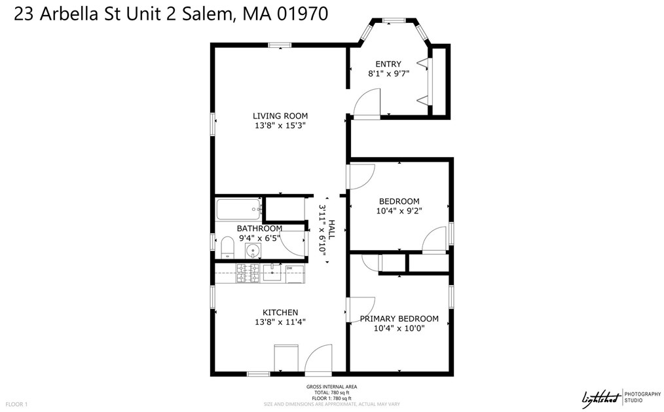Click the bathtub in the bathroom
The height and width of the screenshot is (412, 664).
coord(239,210)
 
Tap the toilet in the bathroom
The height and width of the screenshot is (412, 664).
coord(227,248)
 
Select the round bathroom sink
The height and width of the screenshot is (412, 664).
coord(253,250)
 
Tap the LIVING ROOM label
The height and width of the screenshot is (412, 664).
coord(280,116)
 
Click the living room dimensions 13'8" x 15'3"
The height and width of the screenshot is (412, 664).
coord(280,125)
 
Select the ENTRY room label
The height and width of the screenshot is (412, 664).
coord(388,64)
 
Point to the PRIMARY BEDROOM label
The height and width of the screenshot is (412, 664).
coord(399,319)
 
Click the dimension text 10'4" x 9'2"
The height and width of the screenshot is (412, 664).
coord(399,211)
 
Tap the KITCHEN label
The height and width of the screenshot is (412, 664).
coord(280,312)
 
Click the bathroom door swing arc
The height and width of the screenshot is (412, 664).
coord(297,244)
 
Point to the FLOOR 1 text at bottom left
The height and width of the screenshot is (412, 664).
coord(16,405)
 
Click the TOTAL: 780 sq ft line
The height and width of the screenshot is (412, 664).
coord(331,392)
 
